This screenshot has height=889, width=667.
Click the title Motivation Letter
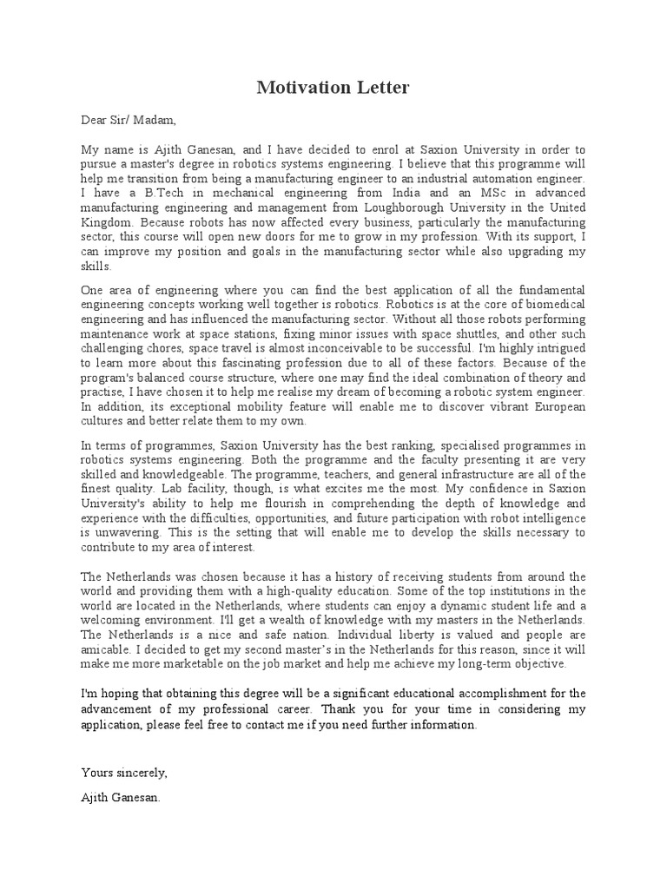333,88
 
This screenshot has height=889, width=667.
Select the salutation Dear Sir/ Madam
129,120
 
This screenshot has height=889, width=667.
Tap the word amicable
107,649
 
